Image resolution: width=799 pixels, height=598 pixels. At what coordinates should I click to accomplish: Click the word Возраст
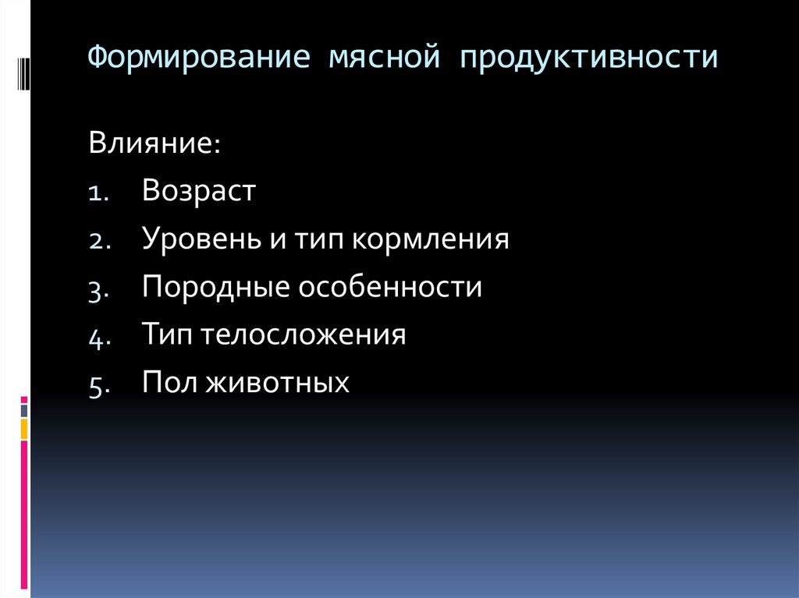(199, 192)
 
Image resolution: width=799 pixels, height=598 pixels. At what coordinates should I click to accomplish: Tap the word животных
(275, 384)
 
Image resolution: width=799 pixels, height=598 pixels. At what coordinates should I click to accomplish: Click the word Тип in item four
(168, 336)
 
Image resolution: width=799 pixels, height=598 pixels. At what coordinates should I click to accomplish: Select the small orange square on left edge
(24, 428)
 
